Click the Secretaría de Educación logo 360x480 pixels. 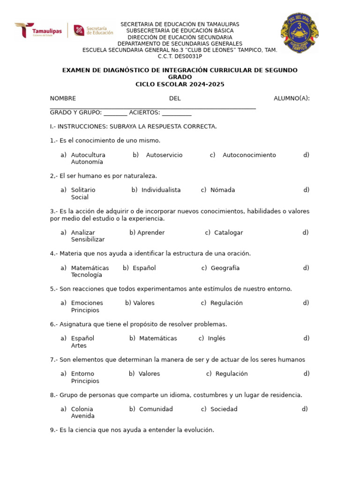[x=93, y=30]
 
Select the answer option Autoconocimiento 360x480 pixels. [x=249, y=155]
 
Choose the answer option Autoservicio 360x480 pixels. [x=164, y=155]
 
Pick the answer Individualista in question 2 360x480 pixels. [x=161, y=190]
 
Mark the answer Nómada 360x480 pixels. [x=223, y=190]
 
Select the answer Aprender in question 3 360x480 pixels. [x=151, y=232]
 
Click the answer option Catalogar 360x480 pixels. [x=229, y=232]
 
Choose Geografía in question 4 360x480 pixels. [x=225, y=268]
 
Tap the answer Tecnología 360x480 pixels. [x=86, y=275]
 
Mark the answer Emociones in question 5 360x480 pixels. [x=87, y=303]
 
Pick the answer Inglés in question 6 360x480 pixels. [x=217, y=338]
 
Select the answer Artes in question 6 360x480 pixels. [x=79, y=346]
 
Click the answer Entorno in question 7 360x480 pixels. [x=82, y=374]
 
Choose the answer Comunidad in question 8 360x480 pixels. [x=156, y=409]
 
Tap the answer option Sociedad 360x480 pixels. [x=224, y=409]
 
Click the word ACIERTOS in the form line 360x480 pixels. [x=144, y=112]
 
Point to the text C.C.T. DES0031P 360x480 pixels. [x=180, y=56]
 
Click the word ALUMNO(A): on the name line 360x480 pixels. [x=292, y=98]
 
